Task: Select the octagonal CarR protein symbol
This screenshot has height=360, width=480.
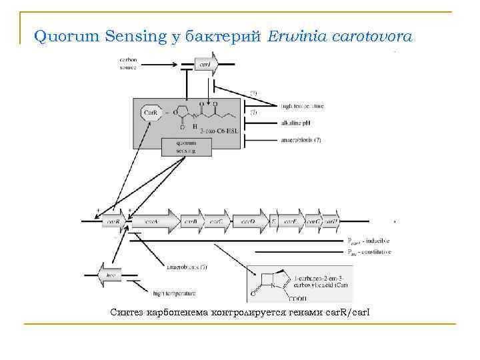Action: point(151,113)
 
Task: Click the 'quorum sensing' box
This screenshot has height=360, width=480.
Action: point(187,147)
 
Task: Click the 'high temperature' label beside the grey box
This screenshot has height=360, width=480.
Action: point(302,106)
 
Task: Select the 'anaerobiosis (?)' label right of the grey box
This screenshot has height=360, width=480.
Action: point(302,141)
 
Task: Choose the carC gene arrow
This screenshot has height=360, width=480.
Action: point(216,220)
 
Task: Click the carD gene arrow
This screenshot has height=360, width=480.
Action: point(247,220)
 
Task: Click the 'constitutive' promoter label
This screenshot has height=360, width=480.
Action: point(377,252)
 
